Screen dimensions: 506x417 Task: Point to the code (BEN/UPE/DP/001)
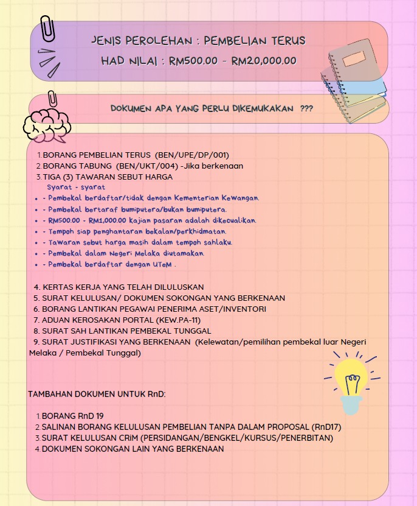coord(192,155)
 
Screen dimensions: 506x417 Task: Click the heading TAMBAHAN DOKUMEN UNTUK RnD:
coord(97,395)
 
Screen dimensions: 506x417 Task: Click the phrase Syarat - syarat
coord(76,188)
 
